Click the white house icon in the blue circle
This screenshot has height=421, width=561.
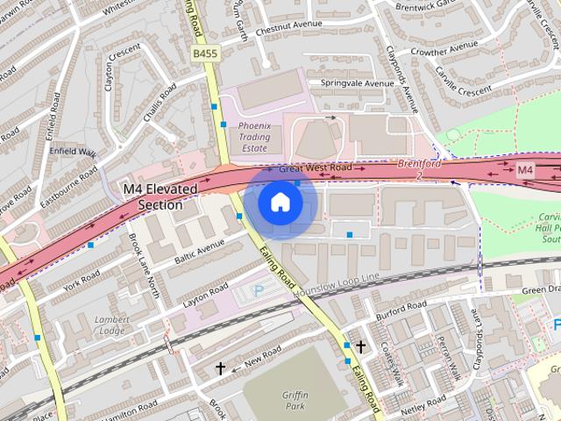280,203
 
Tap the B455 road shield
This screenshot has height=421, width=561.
204,54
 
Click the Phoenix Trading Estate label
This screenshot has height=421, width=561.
255,137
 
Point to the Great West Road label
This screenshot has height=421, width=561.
315,168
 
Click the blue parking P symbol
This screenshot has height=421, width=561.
258,290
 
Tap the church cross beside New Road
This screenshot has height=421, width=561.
220,369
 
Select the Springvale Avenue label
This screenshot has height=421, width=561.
357,84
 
